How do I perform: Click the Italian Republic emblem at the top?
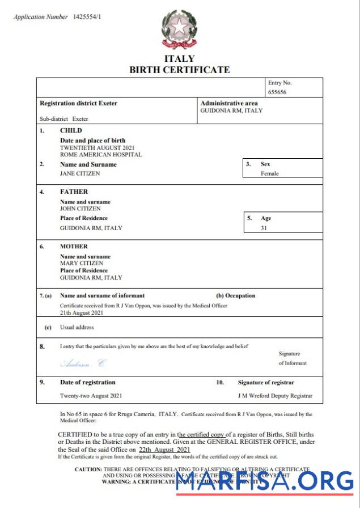(x=180, y=29)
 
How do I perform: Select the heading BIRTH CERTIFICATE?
(x=180, y=70)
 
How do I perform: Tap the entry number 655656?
(x=277, y=91)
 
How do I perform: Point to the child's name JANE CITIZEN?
(x=80, y=173)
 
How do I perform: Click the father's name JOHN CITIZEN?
(x=80, y=209)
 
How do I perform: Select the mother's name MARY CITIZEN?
(x=82, y=263)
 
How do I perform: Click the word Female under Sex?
(x=269, y=173)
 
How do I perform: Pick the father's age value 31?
(x=264, y=228)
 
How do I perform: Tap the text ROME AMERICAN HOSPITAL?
(x=101, y=154)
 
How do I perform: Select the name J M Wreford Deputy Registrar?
(x=275, y=396)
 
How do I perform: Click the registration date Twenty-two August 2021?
(x=91, y=396)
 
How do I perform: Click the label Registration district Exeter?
(x=78, y=104)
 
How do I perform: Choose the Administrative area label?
(x=229, y=104)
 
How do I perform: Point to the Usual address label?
(x=77, y=327)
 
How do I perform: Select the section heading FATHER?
(x=74, y=192)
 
